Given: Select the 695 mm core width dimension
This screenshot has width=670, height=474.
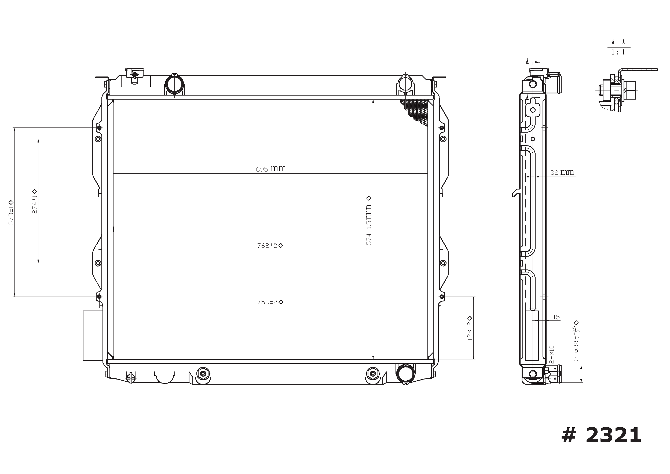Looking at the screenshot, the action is coord(271,169).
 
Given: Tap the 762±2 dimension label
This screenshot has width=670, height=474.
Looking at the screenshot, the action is coord(270,246).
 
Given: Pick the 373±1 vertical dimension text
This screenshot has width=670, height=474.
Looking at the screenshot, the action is coord(11,213).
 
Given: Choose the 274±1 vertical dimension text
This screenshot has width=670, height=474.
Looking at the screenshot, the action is coord(34,201).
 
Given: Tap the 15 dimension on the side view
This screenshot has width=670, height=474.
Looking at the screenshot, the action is coord(556,317).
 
